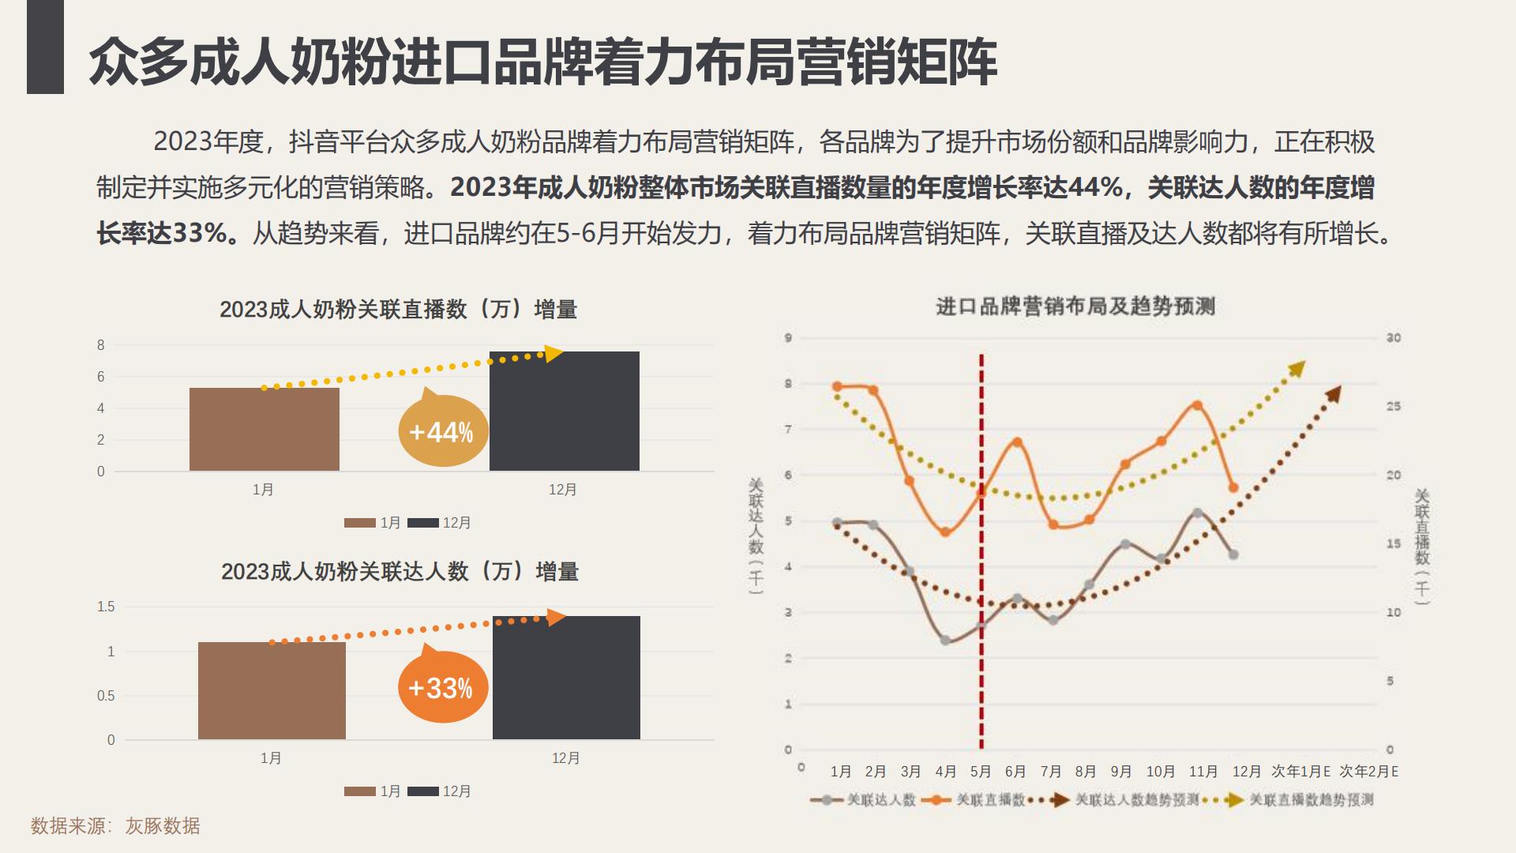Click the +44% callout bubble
pyautogui.click(x=442, y=431)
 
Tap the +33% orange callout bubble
pyautogui.click(x=442, y=688)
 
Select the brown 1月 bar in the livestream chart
pyautogui.click(x=264, y=430)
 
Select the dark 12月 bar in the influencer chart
pyautogui.click(x=566, y=678)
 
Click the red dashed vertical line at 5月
pyautogui.click(x=981, y=553)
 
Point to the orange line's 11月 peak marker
pyautogui.click(x=1198, y=405)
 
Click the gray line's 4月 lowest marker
pyautogui.click(x=945, y=641)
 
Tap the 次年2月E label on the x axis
pyautogui.click(x=1369, y=771)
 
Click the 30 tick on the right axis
pyautogui.click(x=1393, y=338)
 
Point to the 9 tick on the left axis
pyautogui.click(x=788, y=338)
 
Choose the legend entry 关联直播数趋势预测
pyautogui.click(x=1311, y=800)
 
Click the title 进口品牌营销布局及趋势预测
pyautogui.click(x=1075, y=306)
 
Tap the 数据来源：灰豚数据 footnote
pyautogui.click(x=115, y=826)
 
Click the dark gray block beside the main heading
pyautogui.click(x=45, y=47)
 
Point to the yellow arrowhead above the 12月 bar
pyautogui.click(x=553, y=353)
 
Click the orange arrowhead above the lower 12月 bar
pyautogui.click(x=557, y=617)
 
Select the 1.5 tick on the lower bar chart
pyautogui.click(x=106, y=607)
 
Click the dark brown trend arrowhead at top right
pyautogui.click(x=1334, y=393)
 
